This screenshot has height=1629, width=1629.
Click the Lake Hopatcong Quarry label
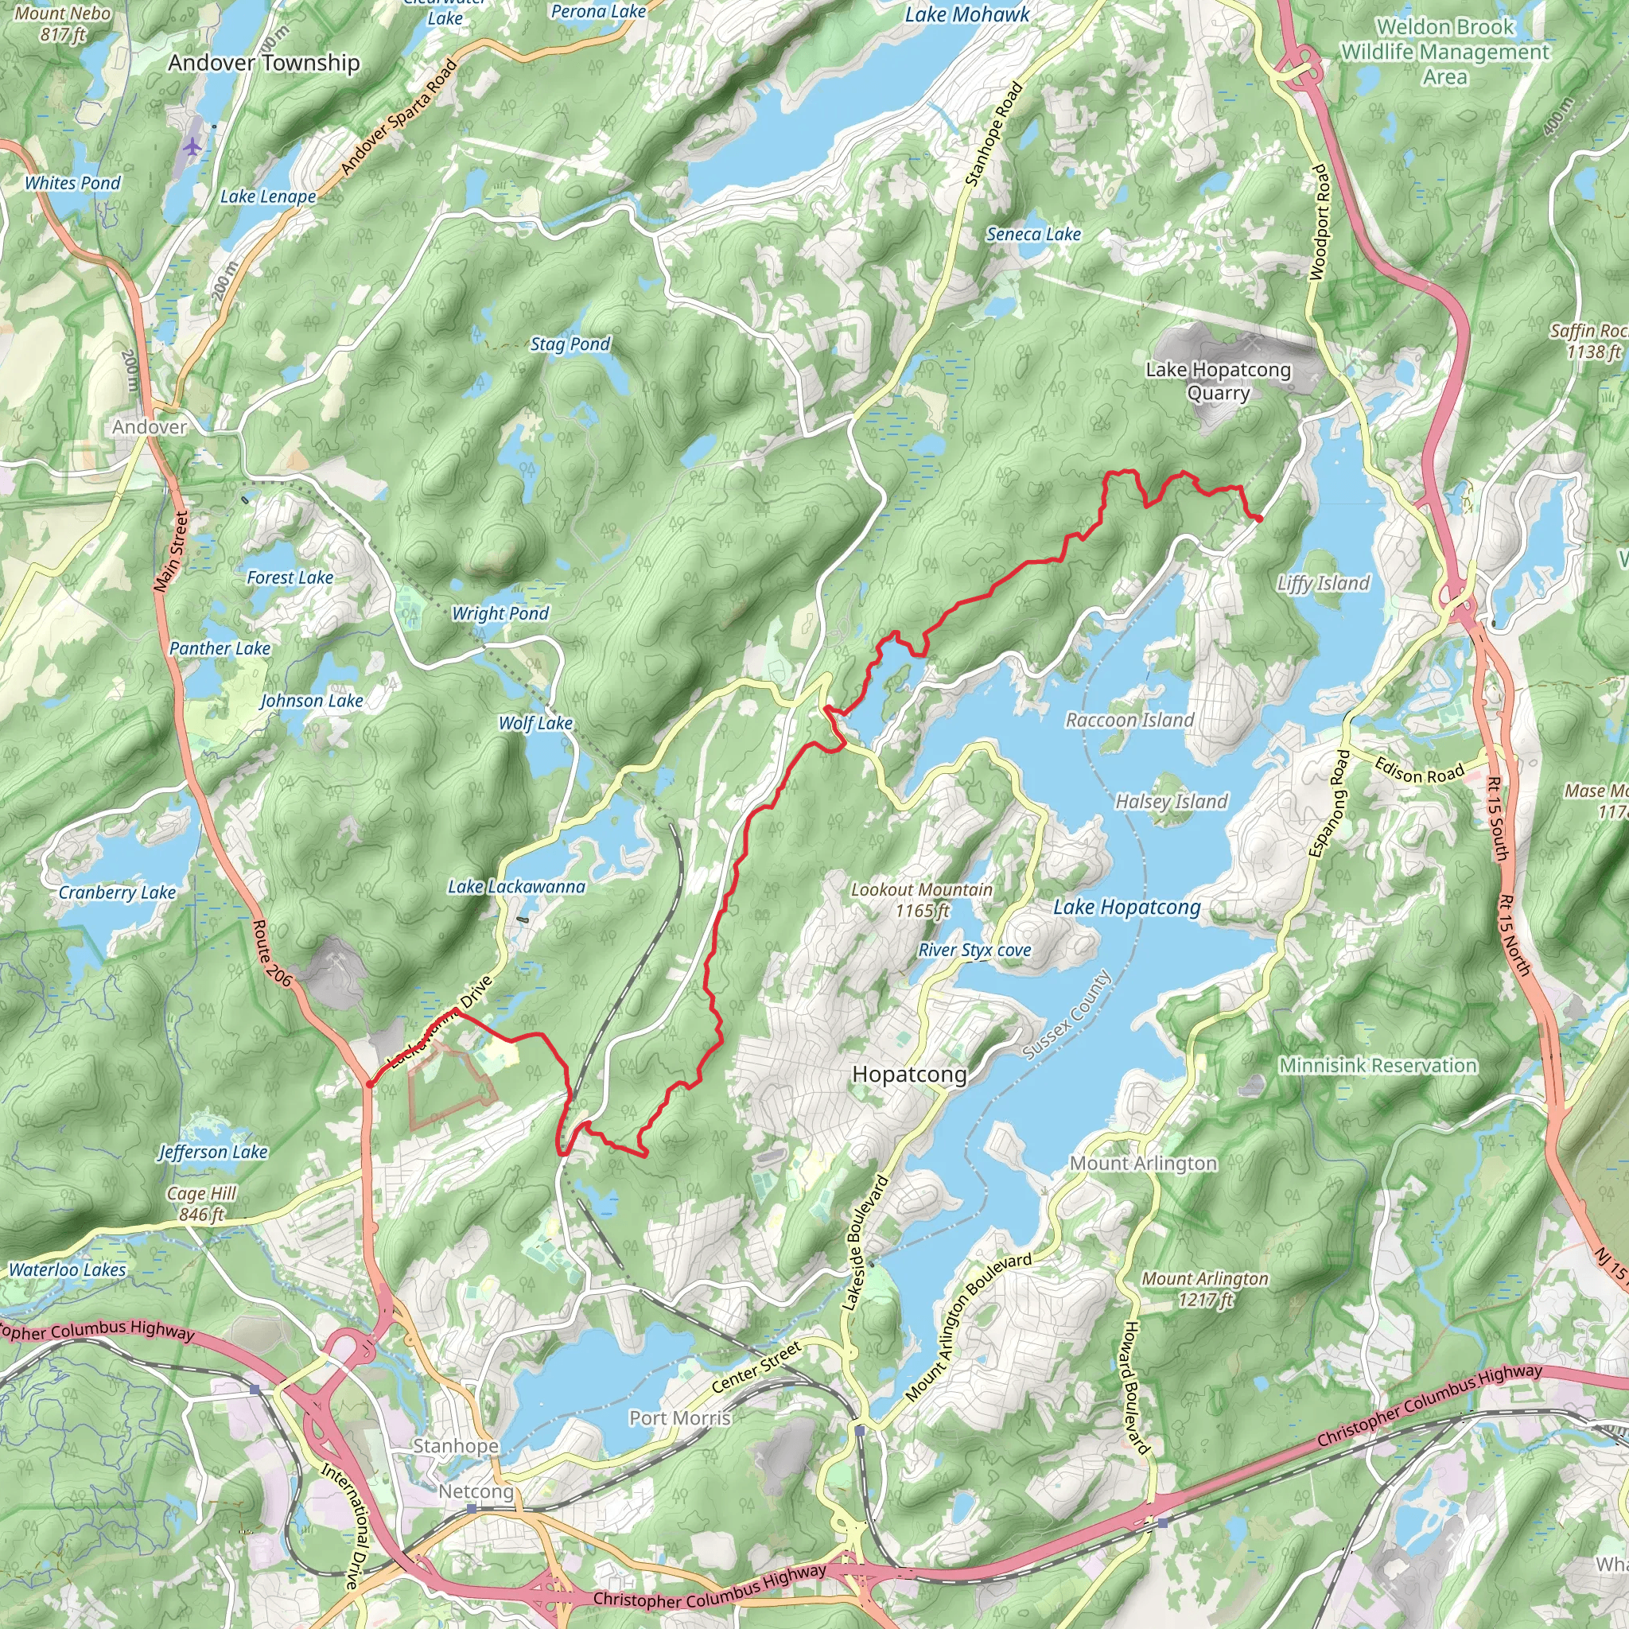tap(1218, 381)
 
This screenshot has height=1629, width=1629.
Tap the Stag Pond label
tap(570, 344)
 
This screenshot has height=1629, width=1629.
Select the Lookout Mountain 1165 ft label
tap(922, 900)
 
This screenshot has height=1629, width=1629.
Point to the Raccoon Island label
tap(1129, 720)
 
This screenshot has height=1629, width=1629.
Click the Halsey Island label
tap(1171, 802)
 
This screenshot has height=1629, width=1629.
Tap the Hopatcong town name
tap(909, 1074)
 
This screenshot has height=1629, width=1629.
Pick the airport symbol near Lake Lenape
tap(193, 146)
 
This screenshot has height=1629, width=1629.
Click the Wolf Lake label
tap(535, 724)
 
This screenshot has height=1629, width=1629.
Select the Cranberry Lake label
tap(117, 893)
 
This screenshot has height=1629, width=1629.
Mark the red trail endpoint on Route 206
tap(369, 1083)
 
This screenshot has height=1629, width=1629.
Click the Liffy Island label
tap(1323, 584)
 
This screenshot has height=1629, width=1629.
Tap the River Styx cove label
tap(974, 951)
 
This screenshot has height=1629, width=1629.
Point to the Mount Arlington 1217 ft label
tap(1205, 1289)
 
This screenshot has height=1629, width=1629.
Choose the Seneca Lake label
tap(1034, 235)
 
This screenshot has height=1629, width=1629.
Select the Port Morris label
tap(679, 1418)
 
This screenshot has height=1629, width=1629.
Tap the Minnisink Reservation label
tap(1378, 1066)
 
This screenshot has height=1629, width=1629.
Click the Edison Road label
tap(1419, 771)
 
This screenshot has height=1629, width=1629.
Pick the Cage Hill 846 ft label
tap(201, 1204)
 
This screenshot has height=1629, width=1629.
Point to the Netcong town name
tap(476, 1491)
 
